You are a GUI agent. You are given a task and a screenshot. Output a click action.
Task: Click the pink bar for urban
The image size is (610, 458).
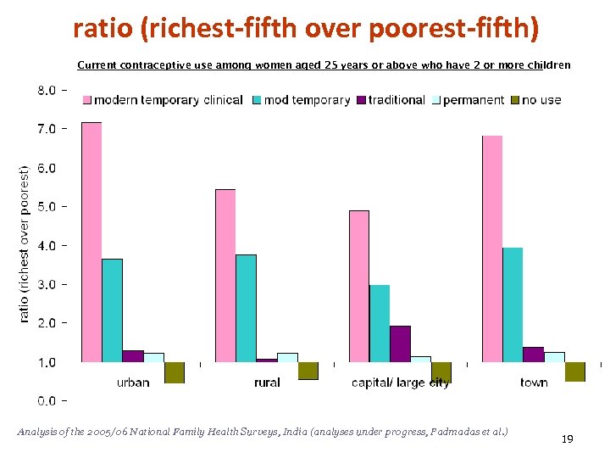pyautogui.click(x=91, y=243)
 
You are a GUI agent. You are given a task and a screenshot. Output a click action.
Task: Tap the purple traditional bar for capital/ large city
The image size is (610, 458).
pyautogui.click(x=400, y=343)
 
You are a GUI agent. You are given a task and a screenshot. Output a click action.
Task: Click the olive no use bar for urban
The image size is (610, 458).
pyautogui.click(x=175, y=372)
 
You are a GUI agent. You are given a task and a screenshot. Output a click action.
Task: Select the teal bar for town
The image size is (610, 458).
pyautogui.click(x=513, y=304)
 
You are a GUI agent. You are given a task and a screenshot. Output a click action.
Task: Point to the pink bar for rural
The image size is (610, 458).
pyautogui.click(x=225, y=276)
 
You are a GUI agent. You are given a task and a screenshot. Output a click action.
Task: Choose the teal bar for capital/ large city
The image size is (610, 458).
pyautogui.click(x=380, y=323)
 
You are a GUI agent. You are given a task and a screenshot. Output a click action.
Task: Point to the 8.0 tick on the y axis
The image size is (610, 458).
pyautogui.click(x=46, y=90)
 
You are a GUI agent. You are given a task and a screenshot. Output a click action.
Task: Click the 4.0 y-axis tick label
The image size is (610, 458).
pyautogui.click(x=46, y=245)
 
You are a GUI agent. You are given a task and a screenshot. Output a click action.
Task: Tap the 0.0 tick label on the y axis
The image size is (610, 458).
pyautogui.click(x=46, y=400)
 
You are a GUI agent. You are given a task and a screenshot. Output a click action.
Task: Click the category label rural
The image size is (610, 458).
pyautogui.click(x=267, y=383)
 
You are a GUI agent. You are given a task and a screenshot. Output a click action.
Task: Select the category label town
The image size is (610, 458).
pyautogui.click(x=534, y=383)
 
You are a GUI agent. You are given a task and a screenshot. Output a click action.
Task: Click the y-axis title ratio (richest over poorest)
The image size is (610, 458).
pyautogui.click(x=25, y=243)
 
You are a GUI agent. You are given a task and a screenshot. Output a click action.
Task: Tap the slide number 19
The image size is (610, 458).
pyautogui.click(x=568, y=439)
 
